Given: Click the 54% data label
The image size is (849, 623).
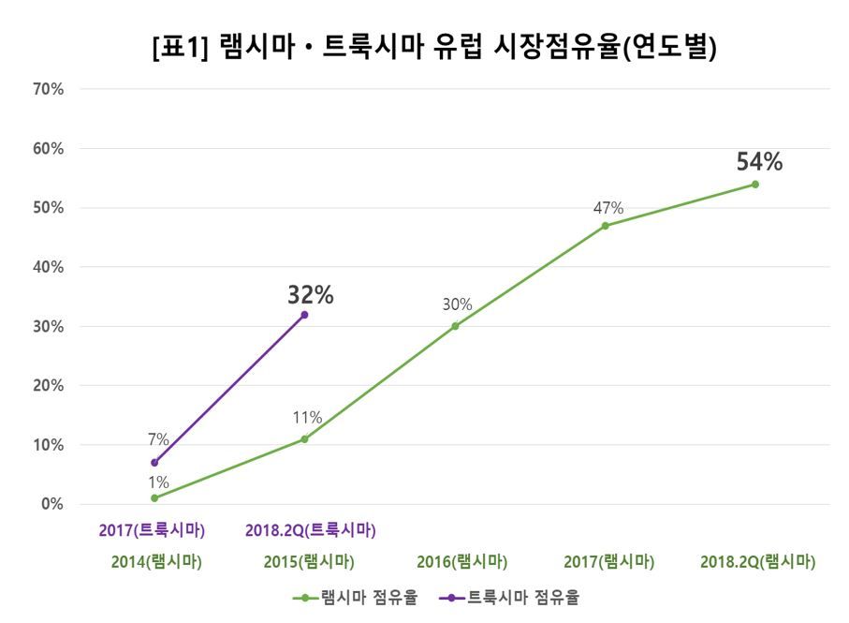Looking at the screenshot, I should (759, 162).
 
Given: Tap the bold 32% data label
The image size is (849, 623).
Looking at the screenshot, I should (310, 295).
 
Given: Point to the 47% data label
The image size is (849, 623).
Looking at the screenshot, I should (608, 208).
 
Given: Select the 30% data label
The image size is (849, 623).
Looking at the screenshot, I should (458, 304).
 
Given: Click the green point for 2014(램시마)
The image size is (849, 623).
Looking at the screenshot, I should (154, 498).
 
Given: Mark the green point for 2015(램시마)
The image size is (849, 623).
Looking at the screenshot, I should (304, 439).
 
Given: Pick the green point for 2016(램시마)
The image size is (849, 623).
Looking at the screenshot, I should (455, 326).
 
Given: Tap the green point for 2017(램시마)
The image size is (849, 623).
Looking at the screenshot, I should (606, 226).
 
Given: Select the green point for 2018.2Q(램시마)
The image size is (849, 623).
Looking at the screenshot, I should (755, 185).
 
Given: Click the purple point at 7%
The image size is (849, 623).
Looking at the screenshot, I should (154, 463).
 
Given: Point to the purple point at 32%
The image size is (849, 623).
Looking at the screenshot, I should (304, 315).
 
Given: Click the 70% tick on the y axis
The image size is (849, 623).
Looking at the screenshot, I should (47, 90).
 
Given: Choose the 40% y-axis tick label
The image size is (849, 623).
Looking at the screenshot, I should (47, 267).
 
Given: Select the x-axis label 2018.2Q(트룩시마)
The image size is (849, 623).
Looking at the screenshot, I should (310, 530).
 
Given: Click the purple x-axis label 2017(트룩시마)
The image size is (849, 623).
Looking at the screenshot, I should (152, 530).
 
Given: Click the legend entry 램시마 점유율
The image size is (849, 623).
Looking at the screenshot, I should (356, 597).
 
